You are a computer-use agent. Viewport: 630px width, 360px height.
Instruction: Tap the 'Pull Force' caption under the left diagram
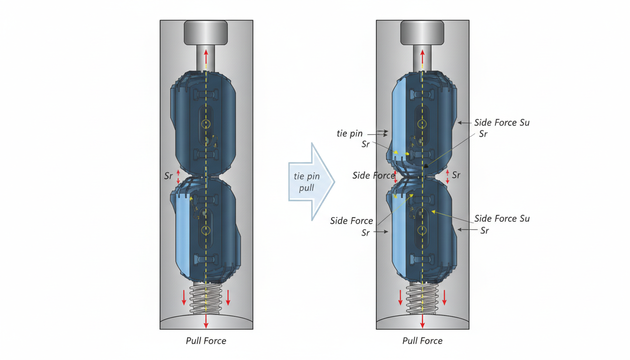pos(206,341)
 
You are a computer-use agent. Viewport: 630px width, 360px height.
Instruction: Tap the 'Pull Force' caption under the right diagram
pos(422,341)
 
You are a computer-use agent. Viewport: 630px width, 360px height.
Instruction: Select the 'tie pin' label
pos(350,134)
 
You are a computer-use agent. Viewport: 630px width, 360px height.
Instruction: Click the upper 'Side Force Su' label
pos(502,123)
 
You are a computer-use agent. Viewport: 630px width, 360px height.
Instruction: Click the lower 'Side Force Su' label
pos(502,218)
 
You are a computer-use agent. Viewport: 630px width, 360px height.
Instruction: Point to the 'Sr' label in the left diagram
pos(168,176)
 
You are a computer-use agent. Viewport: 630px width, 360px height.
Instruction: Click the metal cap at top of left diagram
pos(206,33)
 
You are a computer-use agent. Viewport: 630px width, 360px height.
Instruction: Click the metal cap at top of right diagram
pos(422,33)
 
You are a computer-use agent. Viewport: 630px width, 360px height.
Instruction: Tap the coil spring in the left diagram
pos(206,299)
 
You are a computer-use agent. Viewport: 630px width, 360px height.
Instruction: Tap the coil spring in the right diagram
pos(422,299)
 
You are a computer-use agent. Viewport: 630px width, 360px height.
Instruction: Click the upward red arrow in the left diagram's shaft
pos(206,59)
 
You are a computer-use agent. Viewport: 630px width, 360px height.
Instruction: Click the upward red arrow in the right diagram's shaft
pos(422,59)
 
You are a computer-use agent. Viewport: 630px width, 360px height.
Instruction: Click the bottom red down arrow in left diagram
pos(206,321)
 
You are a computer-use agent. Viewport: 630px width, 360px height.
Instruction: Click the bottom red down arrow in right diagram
pos(422,321)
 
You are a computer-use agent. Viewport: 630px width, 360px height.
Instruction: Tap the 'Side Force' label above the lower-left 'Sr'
pos(352,221)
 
